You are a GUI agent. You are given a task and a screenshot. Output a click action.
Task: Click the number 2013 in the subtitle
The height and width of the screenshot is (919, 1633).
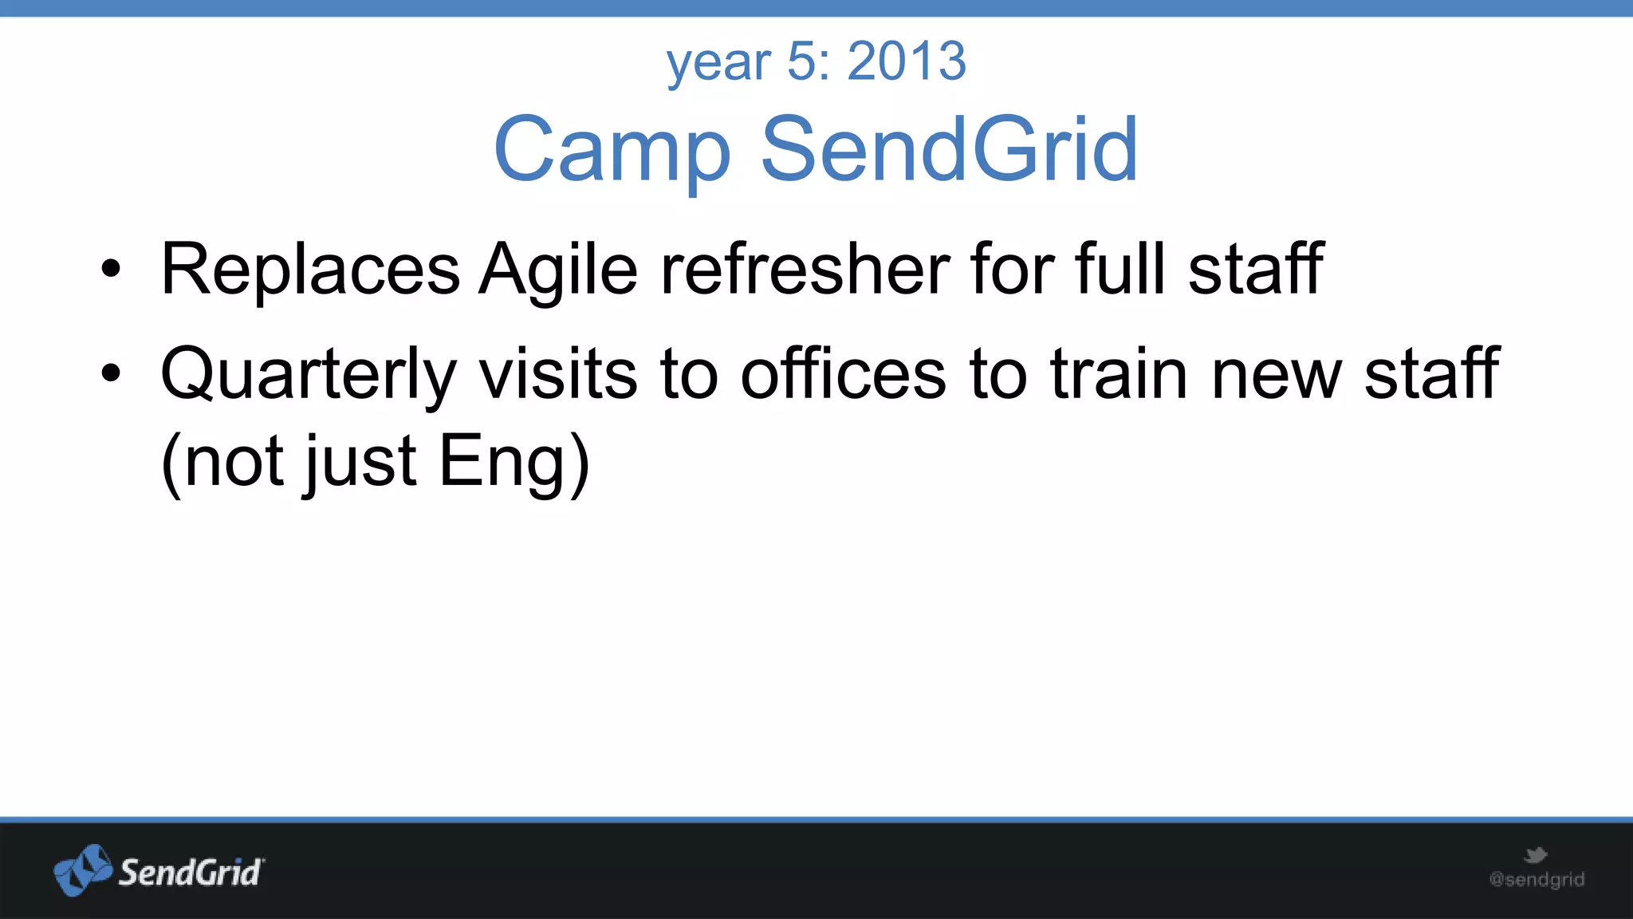pyautogui.click(x=907, y=61)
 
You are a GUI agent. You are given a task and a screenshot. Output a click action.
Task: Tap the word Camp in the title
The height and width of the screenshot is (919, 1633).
pyautogui.click(x=612, y=149)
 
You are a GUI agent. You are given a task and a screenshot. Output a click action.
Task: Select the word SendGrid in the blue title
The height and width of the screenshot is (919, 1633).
pyautogui.click(x=949, y=149)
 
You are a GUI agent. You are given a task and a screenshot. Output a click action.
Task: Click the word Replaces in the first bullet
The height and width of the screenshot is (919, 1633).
pyautogui.click(x=310, y=270)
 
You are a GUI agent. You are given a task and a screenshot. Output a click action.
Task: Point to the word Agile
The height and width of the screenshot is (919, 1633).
pyautogui.click(x=558, y=270)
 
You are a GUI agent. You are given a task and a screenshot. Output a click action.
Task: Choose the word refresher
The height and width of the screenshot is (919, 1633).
pyautogui.click(x=805, y=270)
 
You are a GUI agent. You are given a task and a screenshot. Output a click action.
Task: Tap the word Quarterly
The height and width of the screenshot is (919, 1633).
pyautogui.click(x=309, y=374)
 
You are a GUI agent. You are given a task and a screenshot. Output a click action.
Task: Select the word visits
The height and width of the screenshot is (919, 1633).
pyautogui.click(x=558, y=374)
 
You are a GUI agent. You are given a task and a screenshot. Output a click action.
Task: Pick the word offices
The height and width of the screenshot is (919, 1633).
pyautogui.click(x=843, y=374)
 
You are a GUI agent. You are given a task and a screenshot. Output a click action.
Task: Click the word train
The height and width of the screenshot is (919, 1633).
pyautogui.click(x=1119, y=374)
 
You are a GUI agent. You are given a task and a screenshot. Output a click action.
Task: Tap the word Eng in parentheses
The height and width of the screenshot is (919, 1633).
pyautogui.click(x=502, y=463)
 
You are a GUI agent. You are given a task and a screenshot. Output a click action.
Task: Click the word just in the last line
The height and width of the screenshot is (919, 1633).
pyautogui.click(x=359, y=463)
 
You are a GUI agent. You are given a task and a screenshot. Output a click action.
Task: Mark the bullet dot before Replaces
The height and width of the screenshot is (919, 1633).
pyautogui.click(x=111, y=270)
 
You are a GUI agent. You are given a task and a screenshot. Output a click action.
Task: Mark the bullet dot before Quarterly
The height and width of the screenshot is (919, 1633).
pyautogui.click(x=111, y=373)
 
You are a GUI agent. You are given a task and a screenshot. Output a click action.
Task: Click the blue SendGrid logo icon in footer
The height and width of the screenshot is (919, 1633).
pyautogui.click(x=82, y=870)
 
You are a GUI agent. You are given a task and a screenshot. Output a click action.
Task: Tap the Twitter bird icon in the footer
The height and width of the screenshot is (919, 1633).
pyautogui.click(x=1535, y=856)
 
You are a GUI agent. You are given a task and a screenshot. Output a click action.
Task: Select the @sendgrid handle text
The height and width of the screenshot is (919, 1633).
pyautogui.click(x=1537, y=880)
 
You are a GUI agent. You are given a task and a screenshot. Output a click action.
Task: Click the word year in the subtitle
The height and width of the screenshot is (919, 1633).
pyautogui.click(x=718, y=63)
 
